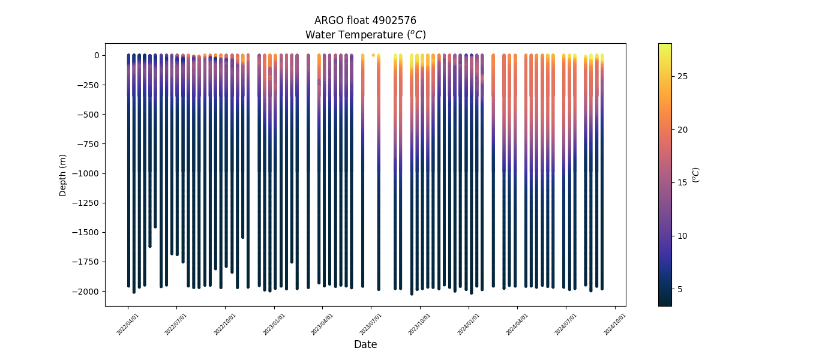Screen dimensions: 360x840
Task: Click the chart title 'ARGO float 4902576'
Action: coord(365,20)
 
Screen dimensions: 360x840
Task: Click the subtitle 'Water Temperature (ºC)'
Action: coord(365,35)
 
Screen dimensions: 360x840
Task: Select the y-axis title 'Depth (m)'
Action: coord(62,175)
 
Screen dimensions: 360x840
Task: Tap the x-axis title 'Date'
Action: coord(365,344)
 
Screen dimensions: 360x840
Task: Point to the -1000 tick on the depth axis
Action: coord(88,173)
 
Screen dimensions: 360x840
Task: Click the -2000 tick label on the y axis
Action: coord(88,292)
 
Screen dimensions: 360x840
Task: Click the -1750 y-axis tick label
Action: coord(88,262)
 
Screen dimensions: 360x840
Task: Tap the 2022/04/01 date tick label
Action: coord(128,323)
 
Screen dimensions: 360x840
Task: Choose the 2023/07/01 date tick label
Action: coord(370,323)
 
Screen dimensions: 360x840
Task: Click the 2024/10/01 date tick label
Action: coord(615,323)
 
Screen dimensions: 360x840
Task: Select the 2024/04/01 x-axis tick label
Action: coord(517,323)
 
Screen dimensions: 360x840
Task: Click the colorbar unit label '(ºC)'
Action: coord(695,175)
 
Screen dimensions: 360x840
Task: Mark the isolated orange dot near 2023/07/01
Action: coord(373,55)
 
